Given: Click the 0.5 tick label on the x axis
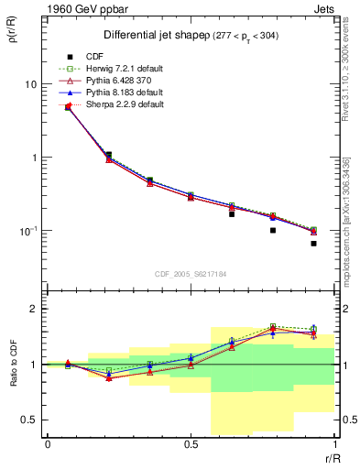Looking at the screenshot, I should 191,444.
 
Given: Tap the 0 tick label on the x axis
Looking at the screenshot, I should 48,444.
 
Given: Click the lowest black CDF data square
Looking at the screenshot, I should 313,244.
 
